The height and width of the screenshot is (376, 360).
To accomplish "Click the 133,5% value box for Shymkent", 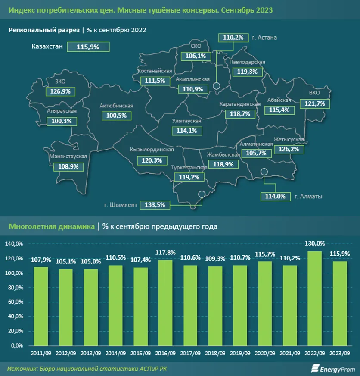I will pos(157,205).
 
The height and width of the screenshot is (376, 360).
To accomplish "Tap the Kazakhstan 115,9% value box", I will pos(88,47).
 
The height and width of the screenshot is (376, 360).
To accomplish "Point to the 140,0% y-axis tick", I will pos(16,244).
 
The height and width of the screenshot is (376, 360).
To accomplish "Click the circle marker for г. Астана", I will pos(217,86).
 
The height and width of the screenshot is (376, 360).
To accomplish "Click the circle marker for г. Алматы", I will pos(265,172).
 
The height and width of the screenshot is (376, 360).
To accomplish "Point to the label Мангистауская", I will pos(68,156).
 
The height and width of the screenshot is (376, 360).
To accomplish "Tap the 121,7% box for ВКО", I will pos(317,104).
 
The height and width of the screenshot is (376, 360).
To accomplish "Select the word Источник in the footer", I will pos(22,368).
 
